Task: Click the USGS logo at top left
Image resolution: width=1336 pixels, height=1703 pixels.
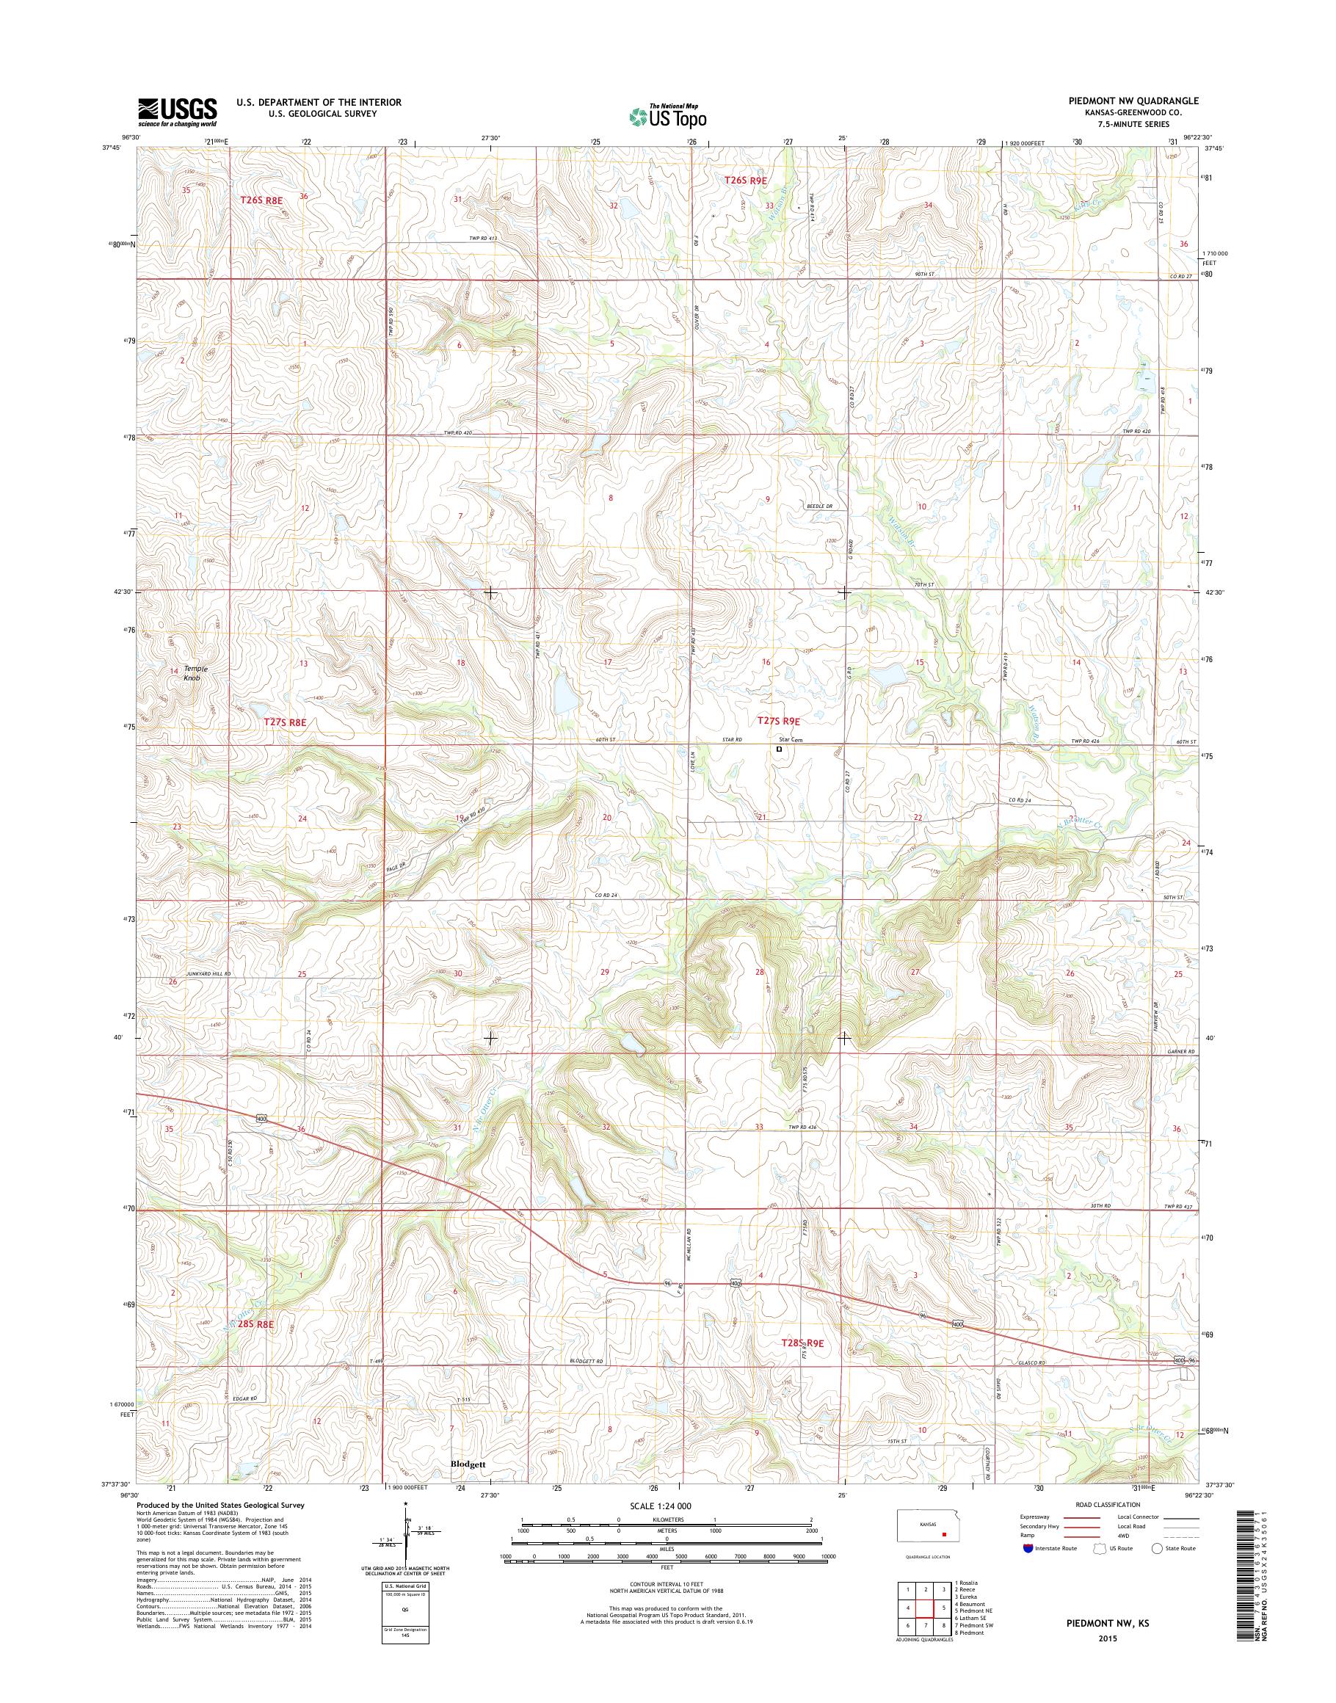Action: click(178, 112)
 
